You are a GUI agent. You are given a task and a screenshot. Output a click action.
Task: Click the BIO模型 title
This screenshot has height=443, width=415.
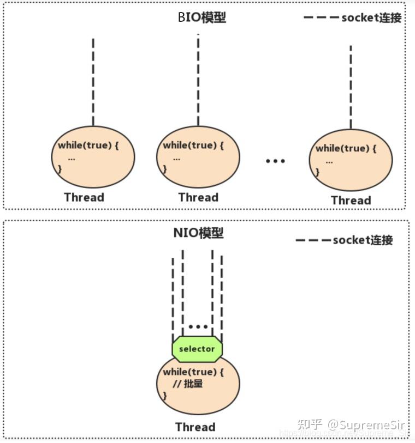(x=201, y=17)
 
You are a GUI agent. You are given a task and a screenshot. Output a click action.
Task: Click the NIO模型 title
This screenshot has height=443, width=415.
(x=198, y=233)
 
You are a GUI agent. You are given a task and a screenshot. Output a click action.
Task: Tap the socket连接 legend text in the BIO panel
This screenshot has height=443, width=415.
(x=371, y=17)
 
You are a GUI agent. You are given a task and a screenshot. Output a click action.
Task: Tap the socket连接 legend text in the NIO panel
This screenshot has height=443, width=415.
(x=363, y=240)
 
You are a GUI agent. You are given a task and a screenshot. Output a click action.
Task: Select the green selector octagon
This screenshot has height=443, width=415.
(x=197, y=349)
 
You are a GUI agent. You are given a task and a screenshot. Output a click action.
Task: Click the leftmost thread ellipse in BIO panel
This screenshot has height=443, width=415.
(x=93, y=157)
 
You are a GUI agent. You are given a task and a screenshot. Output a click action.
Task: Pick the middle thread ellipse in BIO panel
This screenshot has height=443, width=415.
(x=198, y=157)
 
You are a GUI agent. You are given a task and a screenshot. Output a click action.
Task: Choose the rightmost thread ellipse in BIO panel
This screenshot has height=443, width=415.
(x=351, y=160)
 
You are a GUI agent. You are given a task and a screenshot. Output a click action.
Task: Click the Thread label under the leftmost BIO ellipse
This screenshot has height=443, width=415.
(x=84, y=197)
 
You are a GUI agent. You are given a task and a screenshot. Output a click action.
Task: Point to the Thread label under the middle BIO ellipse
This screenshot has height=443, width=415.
(x=198, y=197)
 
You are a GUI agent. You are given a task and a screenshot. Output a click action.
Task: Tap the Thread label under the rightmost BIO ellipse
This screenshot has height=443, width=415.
(x=351, y=201)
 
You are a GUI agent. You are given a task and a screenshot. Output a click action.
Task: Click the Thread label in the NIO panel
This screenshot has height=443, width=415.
(x=195, y=427)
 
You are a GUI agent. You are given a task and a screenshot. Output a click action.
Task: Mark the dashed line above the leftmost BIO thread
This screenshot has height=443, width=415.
(x=93, y=82)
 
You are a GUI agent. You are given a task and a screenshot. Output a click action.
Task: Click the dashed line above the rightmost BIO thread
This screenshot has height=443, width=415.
(x=351, y=87)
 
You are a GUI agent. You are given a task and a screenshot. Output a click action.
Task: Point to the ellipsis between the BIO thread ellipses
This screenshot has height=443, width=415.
(x=275, y=161)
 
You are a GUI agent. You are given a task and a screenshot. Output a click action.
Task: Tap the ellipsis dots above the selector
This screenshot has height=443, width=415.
(x=198, y=327)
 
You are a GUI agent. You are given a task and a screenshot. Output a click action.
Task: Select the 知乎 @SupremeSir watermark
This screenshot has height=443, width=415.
(x=349, y=424)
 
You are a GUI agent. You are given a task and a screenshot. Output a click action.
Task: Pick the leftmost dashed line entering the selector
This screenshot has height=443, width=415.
(x=173, y=297)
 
